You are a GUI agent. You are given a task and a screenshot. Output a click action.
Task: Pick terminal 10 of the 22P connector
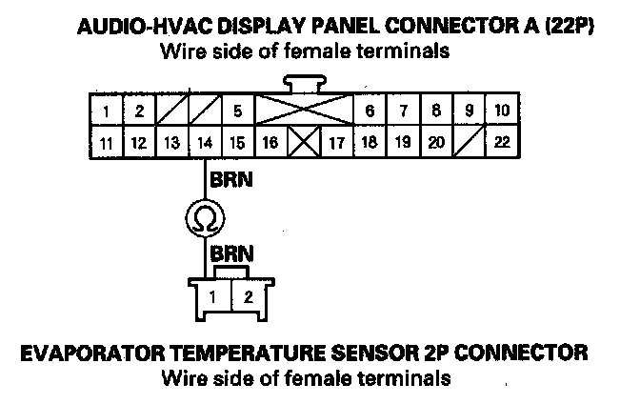(501, 111)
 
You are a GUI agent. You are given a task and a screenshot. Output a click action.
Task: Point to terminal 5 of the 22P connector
(237, 111)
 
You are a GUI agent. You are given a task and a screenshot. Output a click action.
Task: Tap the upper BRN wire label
(230, 179)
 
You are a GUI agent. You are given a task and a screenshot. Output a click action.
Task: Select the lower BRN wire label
(230, 255)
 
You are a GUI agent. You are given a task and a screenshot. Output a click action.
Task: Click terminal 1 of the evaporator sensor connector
(214, 295)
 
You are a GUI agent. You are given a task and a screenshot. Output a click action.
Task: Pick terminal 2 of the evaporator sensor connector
(247, 295)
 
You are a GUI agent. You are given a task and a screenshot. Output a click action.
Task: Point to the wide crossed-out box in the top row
(303, 111)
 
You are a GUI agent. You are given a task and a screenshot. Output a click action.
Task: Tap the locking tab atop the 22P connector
(303, 83)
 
